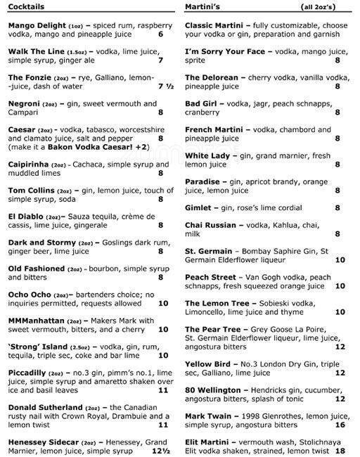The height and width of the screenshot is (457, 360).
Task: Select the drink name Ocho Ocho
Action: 29,294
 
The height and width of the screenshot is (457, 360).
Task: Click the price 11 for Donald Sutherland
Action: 162,424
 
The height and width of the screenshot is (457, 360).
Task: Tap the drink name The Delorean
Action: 212,77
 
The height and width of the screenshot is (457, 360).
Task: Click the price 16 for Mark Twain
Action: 340,425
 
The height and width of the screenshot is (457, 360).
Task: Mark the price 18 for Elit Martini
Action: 340,451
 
